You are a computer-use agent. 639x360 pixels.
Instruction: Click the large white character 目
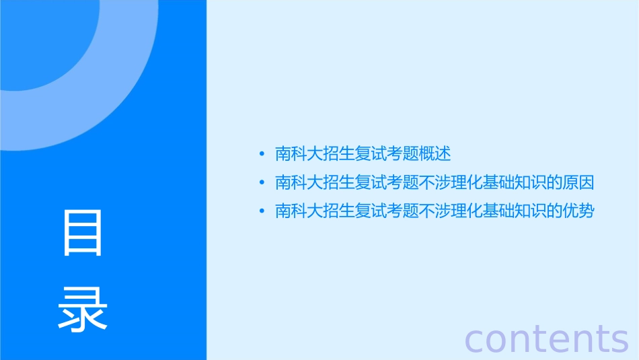point(83,233)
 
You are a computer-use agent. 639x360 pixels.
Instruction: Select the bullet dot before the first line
point(262,154)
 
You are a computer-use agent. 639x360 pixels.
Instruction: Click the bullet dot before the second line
point(262,183)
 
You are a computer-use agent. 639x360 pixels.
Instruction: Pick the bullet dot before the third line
point(262,211)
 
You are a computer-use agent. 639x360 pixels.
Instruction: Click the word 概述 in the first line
point(435,154)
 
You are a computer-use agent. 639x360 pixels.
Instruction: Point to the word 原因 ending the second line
point(580,183)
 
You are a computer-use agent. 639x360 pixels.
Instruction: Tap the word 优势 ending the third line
point(580,211)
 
